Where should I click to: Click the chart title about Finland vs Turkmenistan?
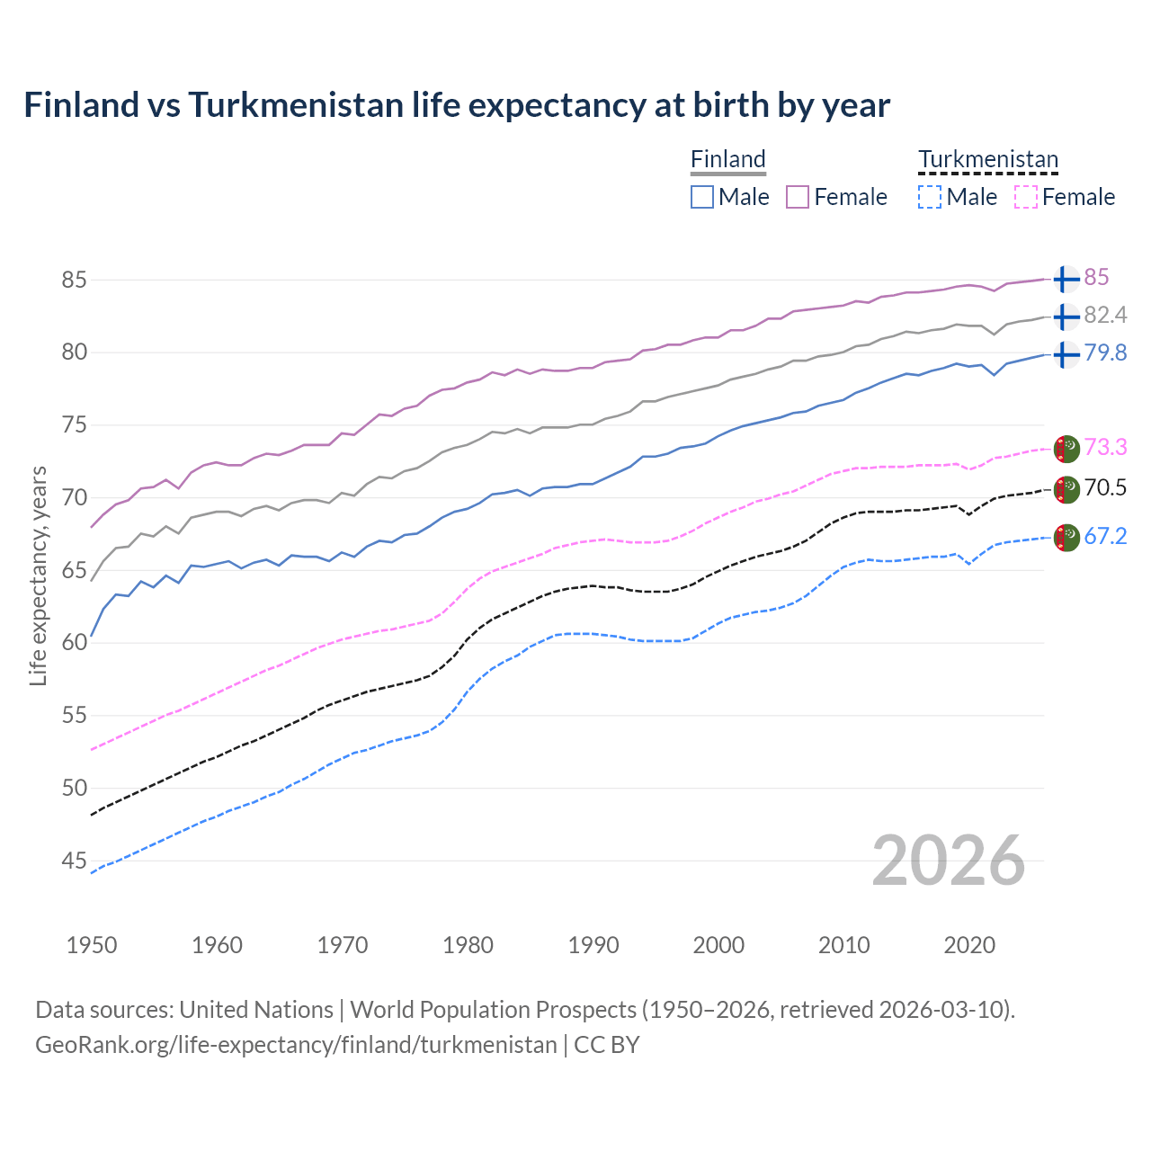(x=457, y=105)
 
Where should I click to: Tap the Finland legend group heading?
(x=727, y=159)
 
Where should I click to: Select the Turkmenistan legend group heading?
(x=987, y=159)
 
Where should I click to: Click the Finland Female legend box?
(x=798, y=197)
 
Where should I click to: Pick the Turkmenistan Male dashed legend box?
(x=930, y=197)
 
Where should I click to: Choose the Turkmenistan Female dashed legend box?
(x=1026, y=197)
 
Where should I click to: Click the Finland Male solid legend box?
(x=702, y=197)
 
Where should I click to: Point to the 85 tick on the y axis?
(x=74, y=280)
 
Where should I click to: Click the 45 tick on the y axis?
(x=74, y=861)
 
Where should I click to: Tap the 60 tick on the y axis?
(x=74, y=642)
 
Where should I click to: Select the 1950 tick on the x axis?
(x=92, y=945)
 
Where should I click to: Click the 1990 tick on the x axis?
(x=593, y=945)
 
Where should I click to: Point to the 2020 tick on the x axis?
(x=969, y=945)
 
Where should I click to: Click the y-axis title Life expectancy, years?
(x=38, y=575)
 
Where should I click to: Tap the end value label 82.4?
(x=1105, y=315)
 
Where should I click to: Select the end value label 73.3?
(x=1105, y=447)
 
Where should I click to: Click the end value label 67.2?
(x=1105, y=537)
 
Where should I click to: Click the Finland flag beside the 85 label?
(x=1066, y=279)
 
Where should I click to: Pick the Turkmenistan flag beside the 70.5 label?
(x=1066, y=489)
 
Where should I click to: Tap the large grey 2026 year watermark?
(x=949, y=861)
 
